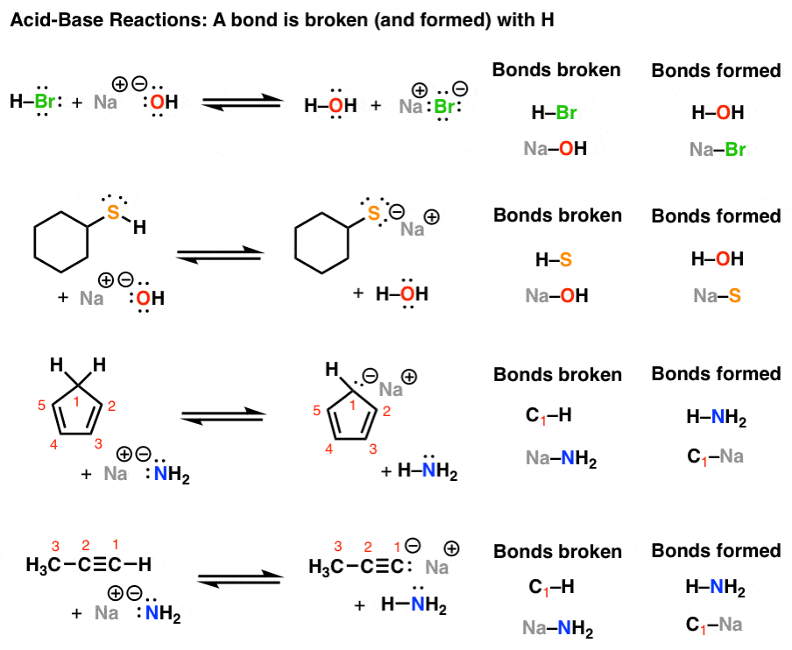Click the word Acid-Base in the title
tap(54, 20)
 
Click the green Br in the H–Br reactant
tap(45, 102)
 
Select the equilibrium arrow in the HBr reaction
tap(242, 103)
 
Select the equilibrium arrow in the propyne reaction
tap(242, 579)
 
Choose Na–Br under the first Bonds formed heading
tap(717, 150)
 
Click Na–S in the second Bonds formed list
tap(717, 297)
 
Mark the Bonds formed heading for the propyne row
tap(716, 551)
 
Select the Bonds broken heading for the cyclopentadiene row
tap(557, 375)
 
